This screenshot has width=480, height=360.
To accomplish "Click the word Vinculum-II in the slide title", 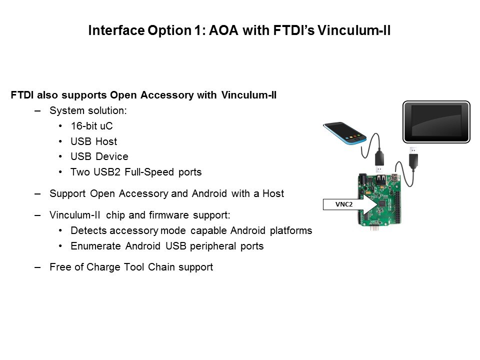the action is coord(354,30).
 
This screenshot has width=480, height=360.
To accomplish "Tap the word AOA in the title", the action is coord(223,30).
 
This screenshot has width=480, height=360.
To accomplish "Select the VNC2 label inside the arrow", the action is coord(344,204).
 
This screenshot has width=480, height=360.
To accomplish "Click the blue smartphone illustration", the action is coord(344,133).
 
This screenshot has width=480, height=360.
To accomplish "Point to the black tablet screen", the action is coord(436,121).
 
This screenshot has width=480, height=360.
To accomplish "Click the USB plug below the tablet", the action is coord(413,157).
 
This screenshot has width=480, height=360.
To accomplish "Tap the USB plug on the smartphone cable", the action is coord(379,160).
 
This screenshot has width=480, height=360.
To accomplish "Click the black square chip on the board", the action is coord(381,203).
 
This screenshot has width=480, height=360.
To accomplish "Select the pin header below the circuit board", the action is coord(374,228).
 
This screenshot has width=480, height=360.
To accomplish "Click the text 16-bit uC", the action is coord(91,126).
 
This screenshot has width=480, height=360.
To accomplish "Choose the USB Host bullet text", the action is coord(93,141).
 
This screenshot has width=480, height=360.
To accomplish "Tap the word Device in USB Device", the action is coord(111,156).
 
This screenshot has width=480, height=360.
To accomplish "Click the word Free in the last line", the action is coord(60,267).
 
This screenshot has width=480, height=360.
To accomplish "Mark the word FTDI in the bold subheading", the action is coord(22,95).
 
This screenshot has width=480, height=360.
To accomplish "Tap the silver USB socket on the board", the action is coord(381,179).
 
